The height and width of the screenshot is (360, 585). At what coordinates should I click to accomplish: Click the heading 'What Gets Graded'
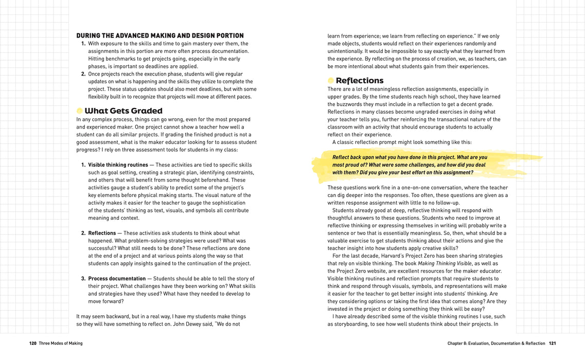tap(123, 111)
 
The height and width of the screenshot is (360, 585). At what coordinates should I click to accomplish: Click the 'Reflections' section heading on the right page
tap(359, 81)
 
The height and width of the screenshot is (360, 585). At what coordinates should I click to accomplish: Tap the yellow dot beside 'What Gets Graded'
tap(80, 111)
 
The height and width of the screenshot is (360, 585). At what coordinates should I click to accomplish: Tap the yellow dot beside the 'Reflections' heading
tap(331, 81)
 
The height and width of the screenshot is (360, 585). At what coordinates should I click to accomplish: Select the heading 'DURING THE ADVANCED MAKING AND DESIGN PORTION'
tap(160, 36)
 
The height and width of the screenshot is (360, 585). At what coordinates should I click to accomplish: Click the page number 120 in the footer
tap(32, 343)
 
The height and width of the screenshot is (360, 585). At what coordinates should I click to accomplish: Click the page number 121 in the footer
tap(552, 343)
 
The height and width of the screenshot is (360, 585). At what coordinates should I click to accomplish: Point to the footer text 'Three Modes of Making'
tap(61, 343)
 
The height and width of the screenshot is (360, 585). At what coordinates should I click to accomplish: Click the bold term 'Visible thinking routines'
tap(118, 165)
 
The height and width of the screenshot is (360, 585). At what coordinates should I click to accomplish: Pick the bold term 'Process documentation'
tap(117, 279)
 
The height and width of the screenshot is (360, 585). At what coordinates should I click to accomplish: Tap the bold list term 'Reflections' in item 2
tap(102, 233)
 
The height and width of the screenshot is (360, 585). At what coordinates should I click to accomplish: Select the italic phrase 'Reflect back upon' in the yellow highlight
tap(353, 157)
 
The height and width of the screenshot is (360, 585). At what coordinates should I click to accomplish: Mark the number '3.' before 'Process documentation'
tap(83, 279)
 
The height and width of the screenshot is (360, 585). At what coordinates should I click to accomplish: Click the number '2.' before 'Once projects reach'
tap(83, 74)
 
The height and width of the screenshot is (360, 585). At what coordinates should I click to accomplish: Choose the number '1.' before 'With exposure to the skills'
tap(83, 44)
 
